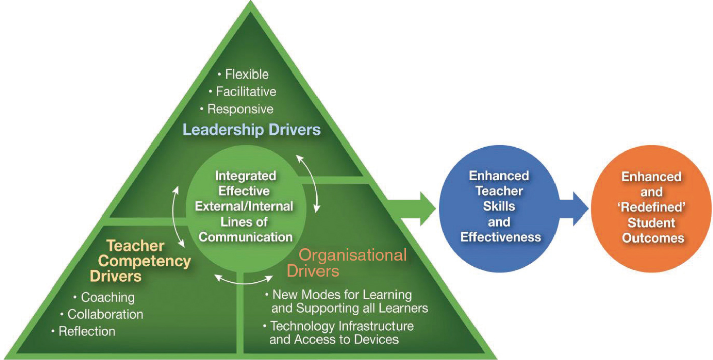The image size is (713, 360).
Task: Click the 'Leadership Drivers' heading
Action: pyautogui.click(x=251, y=130)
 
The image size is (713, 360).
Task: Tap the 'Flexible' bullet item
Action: pyautogui.click(x=247, y=75)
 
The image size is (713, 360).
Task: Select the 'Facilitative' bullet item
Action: pyautogui.click(x=246, y=92)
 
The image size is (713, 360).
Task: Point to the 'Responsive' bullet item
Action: pyautogui.click(x=240, y=109)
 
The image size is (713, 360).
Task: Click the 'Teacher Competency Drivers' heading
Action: pyautogui.click(x=141, y=261)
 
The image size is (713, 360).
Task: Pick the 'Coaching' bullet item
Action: pyautogui.click(x=108, y=297)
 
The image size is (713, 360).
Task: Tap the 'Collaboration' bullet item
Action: pyautogui.click(x=105, y=314)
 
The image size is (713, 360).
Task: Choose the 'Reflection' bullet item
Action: pyautogui.click(x=87, y=331)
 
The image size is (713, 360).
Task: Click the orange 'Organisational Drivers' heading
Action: pyautogui.click(x=346, y=263)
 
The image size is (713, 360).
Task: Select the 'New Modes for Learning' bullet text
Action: pyautogui.click(x=342, y=294)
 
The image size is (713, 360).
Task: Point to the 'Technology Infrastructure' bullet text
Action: pyautogui.click(x=342, y=326)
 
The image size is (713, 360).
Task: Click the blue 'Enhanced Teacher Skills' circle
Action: pyautogui.click(x=500, y=206)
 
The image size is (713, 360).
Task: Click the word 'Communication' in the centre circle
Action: pyautogui.click(x=245, y=236)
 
